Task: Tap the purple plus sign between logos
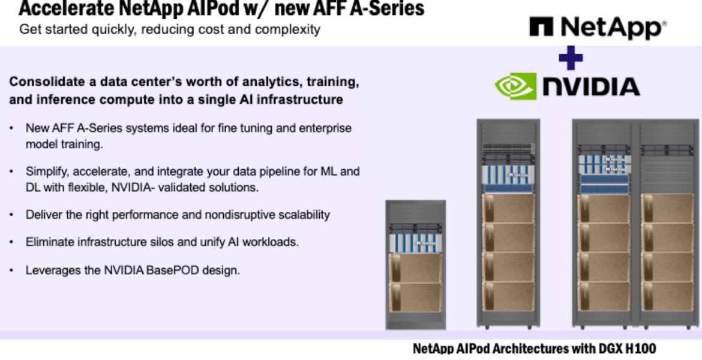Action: tap(571, 58)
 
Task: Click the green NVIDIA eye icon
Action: tap(515, 86)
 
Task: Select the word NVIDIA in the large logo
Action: tap(591, 87)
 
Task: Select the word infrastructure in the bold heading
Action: tap(301, 99)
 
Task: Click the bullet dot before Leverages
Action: tap(11, 271)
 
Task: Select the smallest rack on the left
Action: tap(415, 265)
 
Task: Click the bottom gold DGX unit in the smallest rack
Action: tap(416, 298)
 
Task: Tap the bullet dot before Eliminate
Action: tap(11, 242)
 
